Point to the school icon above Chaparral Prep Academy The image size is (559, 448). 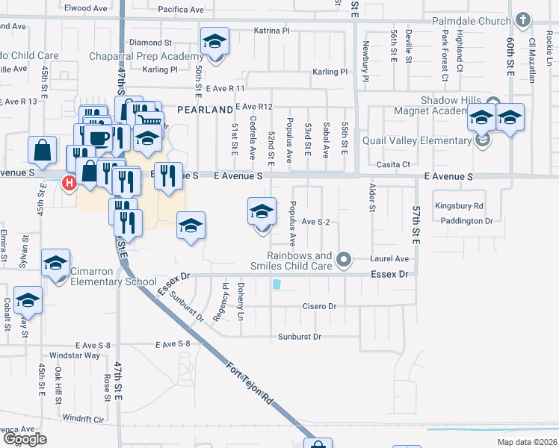(214, 40)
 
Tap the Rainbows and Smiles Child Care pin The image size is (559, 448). (344, 259)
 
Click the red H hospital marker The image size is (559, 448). (70, 181)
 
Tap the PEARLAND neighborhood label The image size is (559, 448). (205, 109)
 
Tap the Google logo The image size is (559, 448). (24, 439)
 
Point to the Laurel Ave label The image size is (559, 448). (390, 259)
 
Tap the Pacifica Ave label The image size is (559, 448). (183, 10)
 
